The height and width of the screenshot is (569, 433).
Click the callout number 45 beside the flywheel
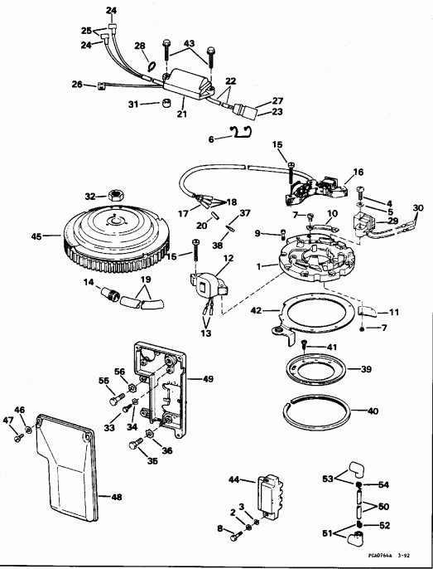(x=36, y=236)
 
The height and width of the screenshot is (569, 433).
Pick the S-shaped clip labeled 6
(x=241, y=133)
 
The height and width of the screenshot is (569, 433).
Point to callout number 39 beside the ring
(x=363, y=369)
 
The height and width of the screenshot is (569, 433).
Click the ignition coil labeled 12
(x=206, y=283)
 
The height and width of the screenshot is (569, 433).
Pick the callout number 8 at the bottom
(x=219, y=528)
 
